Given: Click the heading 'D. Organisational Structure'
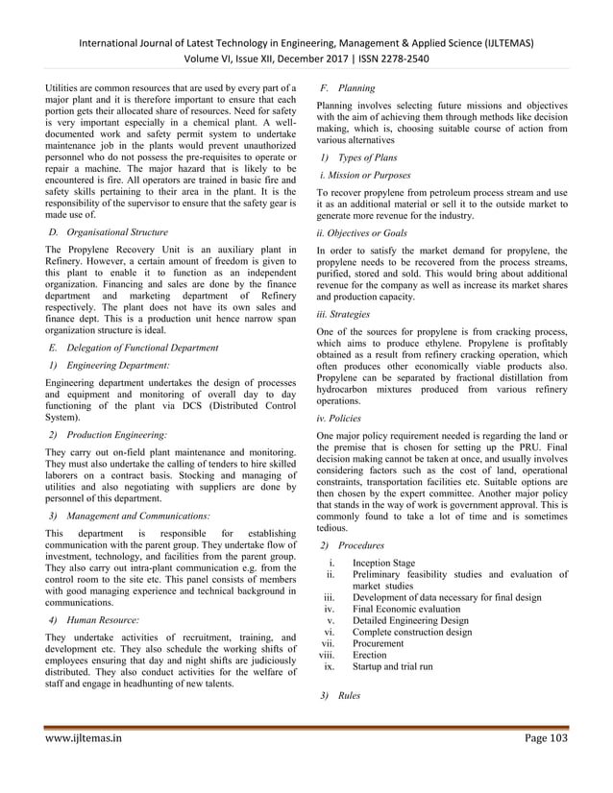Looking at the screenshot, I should click(x=112, y=232).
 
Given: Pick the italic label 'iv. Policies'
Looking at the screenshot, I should click(x=339, y=418).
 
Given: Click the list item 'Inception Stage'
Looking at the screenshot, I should click(x=383, y=564).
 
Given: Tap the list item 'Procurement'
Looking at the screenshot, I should click(x=379, y=643).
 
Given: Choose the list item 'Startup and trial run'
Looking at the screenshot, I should click(x=392, y=666).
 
